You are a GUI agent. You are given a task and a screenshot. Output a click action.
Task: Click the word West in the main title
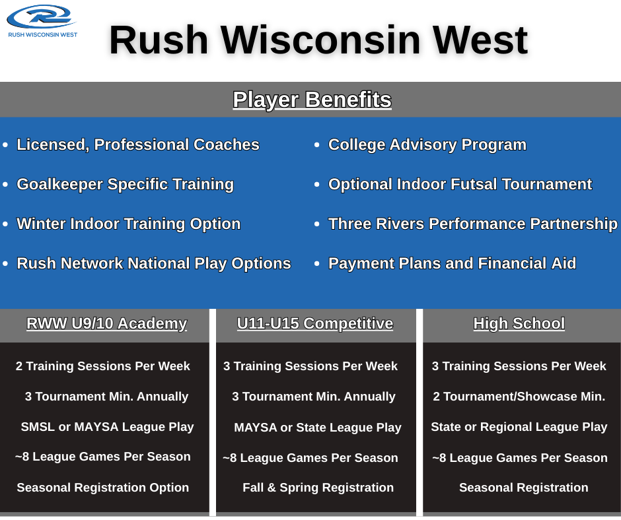(480, 40)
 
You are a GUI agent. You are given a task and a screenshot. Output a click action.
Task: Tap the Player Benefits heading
(312, 100)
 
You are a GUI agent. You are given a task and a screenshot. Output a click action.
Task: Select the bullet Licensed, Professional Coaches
(138, 145)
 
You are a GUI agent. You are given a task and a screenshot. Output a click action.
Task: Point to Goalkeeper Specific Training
(125, 184)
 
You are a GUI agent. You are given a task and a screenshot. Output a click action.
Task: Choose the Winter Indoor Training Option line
(129, 224)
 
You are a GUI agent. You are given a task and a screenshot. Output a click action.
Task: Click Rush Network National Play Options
(154, 263)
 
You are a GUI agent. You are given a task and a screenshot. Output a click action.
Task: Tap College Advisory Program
(427, 145)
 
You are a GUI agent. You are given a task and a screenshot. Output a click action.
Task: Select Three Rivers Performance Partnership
(473, 224)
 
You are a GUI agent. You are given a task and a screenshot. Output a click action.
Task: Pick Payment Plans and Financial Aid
(453, 263)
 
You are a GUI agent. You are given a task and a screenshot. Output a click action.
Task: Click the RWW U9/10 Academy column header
(106, 324)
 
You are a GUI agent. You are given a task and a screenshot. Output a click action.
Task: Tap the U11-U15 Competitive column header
(315, 324)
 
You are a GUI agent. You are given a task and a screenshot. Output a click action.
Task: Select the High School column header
(519, 324)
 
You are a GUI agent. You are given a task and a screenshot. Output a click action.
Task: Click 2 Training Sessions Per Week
(102, 366)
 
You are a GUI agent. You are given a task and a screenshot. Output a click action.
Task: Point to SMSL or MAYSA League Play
(107, 427)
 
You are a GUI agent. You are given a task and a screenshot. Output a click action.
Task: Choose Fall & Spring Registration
(318, 488)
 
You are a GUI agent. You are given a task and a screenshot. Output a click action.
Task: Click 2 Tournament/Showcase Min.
(519, 397)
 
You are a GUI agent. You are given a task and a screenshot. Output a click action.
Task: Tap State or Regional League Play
(519, 427)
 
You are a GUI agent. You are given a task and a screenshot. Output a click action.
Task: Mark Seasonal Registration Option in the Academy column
(102, 488)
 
